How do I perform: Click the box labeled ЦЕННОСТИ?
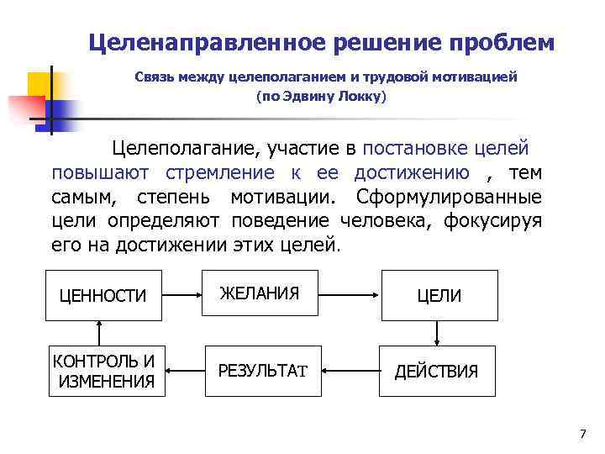tap(103, 295)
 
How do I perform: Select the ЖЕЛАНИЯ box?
tap(260, 293)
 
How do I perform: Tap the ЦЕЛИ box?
tap(439, 295)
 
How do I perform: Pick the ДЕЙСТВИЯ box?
tap(436, 371)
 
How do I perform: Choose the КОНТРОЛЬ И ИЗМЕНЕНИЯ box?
tap(103, 371)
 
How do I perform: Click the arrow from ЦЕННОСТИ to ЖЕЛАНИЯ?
tap(181, 295)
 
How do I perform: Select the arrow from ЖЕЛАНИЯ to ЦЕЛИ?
tap(350, 295)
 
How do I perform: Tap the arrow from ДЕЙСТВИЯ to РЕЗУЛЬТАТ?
tap(351, 370)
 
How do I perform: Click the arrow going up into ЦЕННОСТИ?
tap(100, 332)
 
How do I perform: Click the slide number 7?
tap(583, 433)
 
